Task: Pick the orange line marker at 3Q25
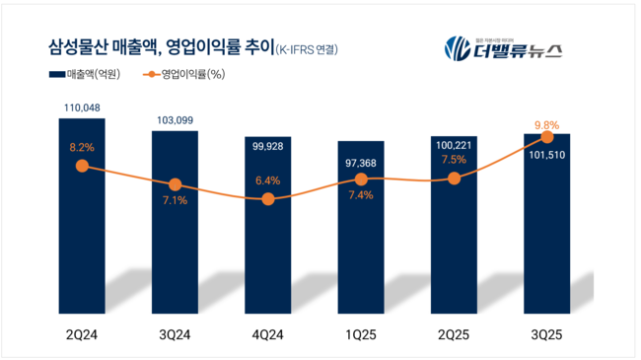pyautogui.click(x=546, y=139)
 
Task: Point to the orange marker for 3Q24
pyautogui.click(x=175, y=184)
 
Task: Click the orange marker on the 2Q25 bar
pyautogui.click(x=454, y=179)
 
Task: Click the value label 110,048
pyautogui.click(x=82, y=108)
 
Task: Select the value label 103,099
pyautogui.click(x=175, y=119)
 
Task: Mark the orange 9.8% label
pyautogui.click(x=546, y=124)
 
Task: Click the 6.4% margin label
pyautogui.click(x=267, y=180)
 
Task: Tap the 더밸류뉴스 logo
pyautogui.click(x=502, y=46)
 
